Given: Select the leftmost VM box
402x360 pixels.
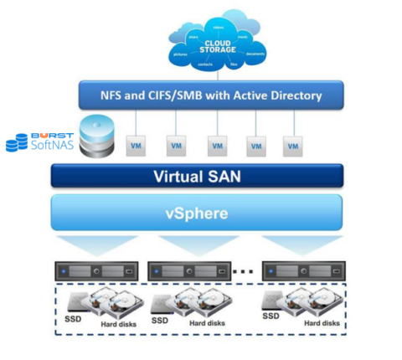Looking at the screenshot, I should pyautogui.click(x=134, y=146).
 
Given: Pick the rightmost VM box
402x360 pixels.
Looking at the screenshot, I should pyautogui.click(x=291, y=146).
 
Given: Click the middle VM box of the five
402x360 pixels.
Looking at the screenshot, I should pyautogui.click(x=216, y=146).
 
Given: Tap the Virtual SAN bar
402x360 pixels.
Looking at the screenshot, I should pyautogui.click(x=198, y=177).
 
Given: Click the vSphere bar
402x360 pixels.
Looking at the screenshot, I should pyautogui.click(x=198, y=212).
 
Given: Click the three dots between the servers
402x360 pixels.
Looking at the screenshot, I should pyautogui.click(x=245, y=271).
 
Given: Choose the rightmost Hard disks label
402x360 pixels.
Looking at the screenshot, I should pyautogui.click(x=322, y=322).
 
